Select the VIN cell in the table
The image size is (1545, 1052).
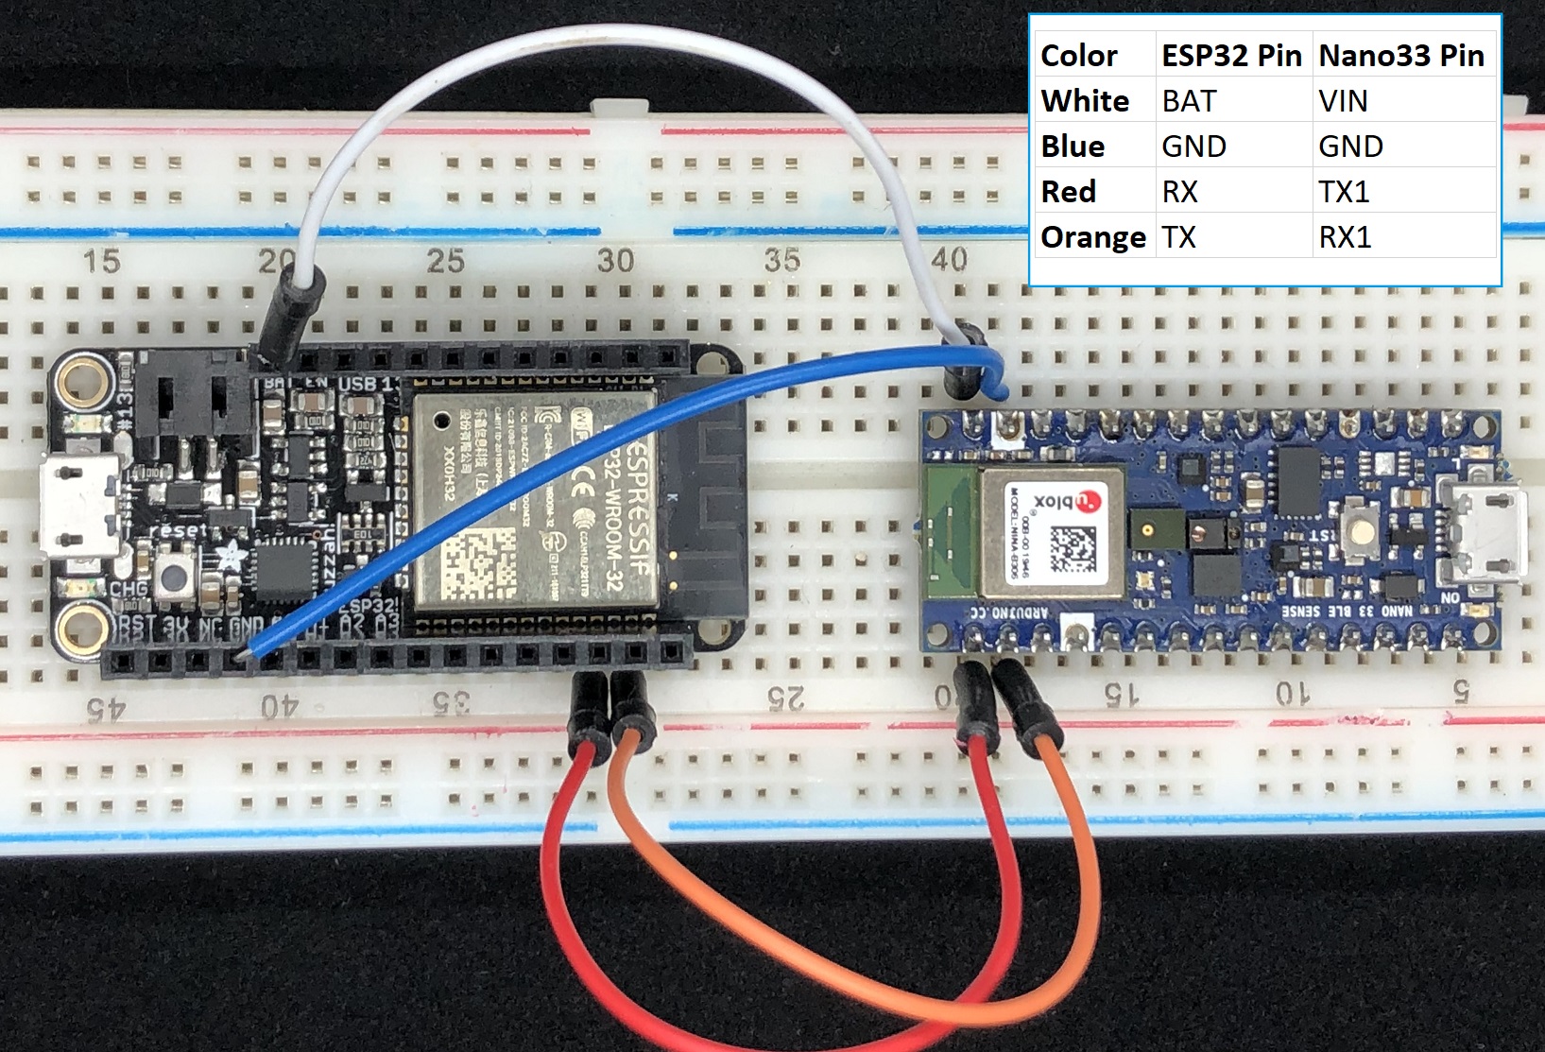1343,101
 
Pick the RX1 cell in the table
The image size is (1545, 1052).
1345,237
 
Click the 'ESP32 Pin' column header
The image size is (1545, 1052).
1231,56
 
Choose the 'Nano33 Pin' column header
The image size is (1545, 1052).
1401,56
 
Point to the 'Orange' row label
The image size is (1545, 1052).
1092,237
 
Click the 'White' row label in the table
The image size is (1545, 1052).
1085,101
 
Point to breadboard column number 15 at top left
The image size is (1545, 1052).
101,261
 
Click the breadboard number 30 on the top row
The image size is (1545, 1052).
615,260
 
